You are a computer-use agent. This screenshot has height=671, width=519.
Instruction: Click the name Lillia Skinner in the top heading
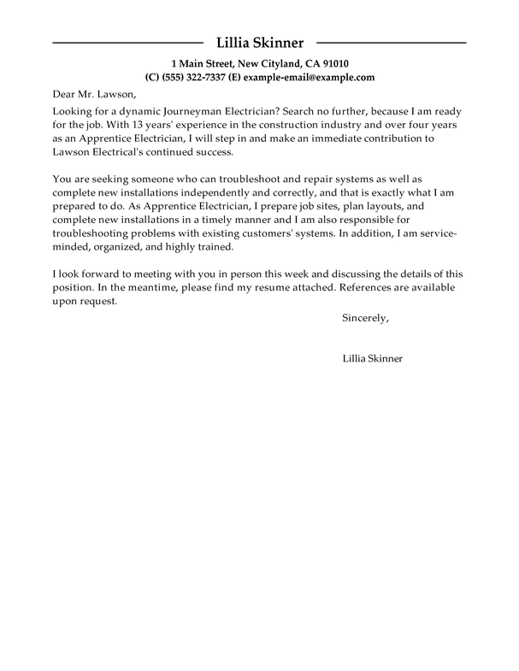click(x=259, y=42)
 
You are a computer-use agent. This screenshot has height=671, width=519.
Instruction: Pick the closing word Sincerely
click(x=365, y=318)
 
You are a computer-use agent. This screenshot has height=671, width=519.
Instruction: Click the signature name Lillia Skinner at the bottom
click(x=372, y=359)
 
